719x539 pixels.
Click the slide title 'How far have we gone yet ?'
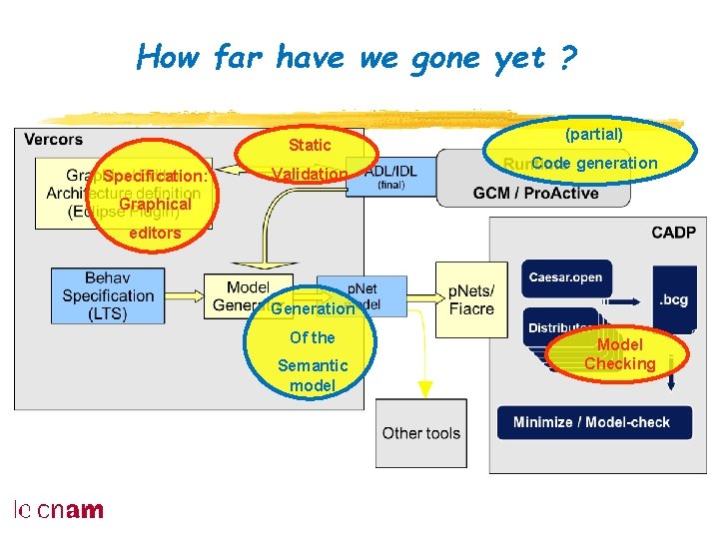tap(357, 57)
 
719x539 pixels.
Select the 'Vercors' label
tap(53, 140)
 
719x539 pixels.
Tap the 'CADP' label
tap(673, 233)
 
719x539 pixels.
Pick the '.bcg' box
tap(673, 298)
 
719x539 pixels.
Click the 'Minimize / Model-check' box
tap(591, 421)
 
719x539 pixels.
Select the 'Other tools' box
tap(420, 432)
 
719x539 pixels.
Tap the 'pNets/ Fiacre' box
tap(470, 298)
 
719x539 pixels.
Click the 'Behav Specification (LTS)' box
tap(108, 294)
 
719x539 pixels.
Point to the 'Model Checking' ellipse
tap(619, 354)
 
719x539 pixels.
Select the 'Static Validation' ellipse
tap(309, 160)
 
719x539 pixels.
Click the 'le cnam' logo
tap(58, 510)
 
